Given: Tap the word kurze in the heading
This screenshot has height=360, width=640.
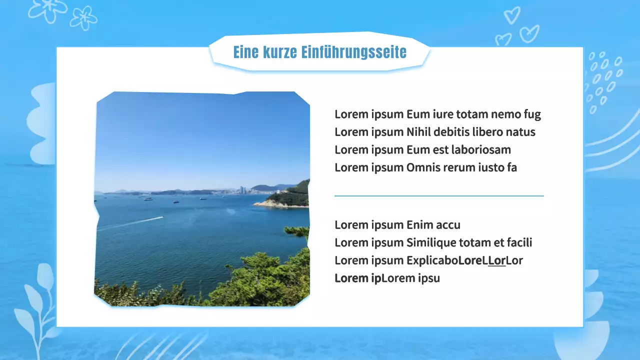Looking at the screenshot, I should (x=280, y=52).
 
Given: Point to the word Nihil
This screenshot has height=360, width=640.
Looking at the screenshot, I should (x=418, y=132).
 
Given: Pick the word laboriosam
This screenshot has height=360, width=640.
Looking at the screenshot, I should (x=481, y=150).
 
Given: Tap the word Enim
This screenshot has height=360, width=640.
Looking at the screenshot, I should (x=419, y=225).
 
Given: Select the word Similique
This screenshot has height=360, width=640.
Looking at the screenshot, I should (x=429, y=243).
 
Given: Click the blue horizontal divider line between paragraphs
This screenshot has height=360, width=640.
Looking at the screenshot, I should (x=439, y=196).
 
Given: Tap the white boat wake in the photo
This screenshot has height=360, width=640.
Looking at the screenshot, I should (x=135, y=221).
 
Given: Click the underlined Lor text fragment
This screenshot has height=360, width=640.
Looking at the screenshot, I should (x=497, y=261).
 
